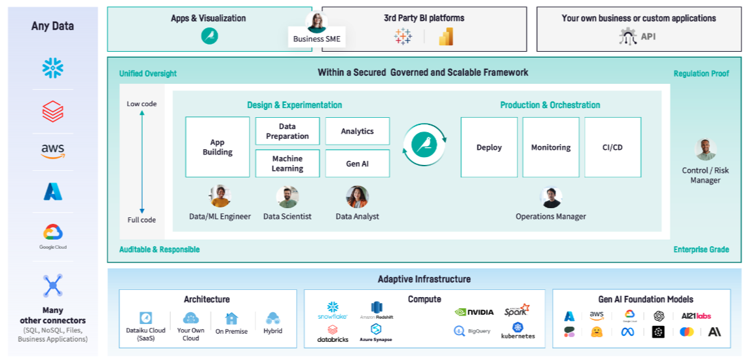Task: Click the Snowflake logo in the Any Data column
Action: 52,67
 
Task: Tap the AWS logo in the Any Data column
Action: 52,151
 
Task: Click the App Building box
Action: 217,147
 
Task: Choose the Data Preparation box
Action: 288,131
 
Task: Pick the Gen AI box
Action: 357,164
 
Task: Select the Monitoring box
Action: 551,147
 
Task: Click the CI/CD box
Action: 612,147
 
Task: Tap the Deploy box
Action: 489,147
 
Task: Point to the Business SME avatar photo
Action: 317,22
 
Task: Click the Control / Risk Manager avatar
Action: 705,150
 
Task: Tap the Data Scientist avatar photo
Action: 288,197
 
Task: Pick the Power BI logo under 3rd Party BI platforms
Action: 446,37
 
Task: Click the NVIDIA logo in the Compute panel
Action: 474,312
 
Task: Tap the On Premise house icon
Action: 231,319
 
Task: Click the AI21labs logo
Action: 696,315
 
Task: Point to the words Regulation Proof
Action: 701,73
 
